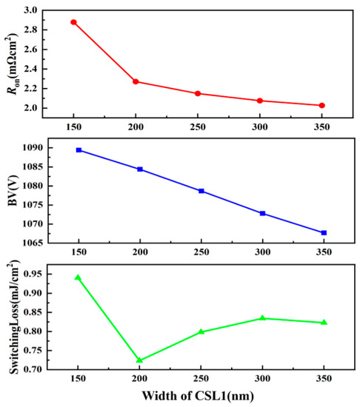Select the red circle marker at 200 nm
point(136,81)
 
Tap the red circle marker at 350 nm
point(322,105)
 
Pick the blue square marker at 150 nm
point(79,150)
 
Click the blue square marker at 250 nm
point(201,191)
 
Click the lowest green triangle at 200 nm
point(139,360)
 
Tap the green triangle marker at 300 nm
point(262,318)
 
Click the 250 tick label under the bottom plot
point(201,380)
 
